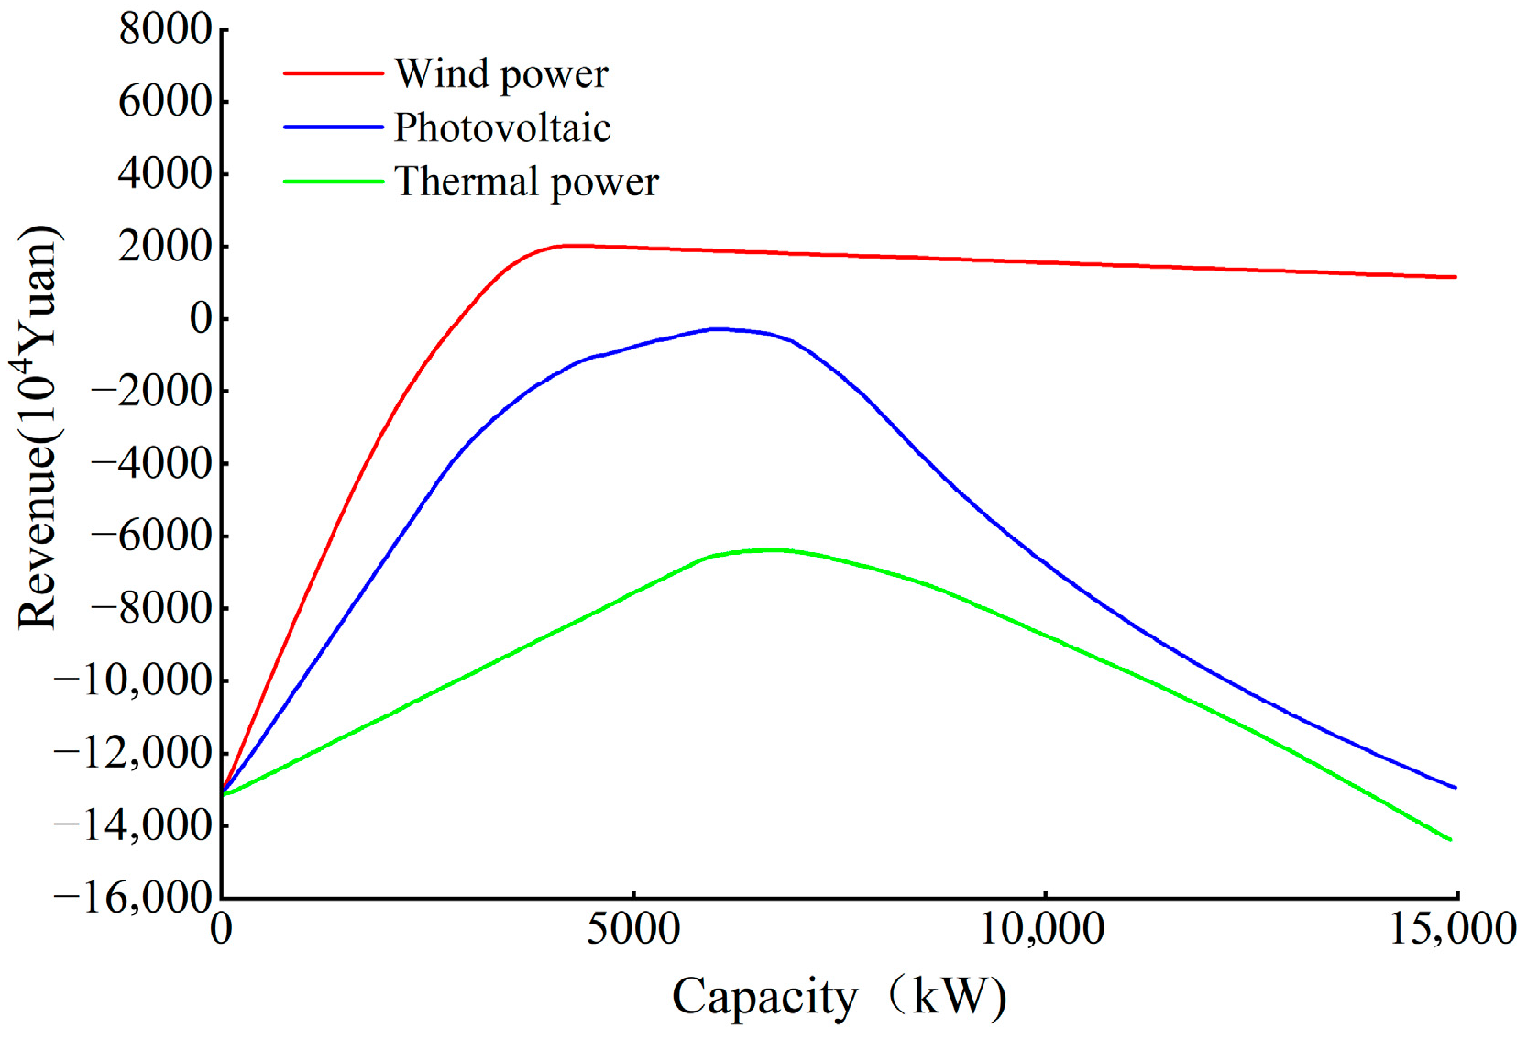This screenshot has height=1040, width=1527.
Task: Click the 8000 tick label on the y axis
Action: tap(165, 29)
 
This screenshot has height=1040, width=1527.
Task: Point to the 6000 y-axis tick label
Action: tap(165, 101)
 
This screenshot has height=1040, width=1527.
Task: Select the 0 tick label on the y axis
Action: tap(201, 318)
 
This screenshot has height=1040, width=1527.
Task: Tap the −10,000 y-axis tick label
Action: tap(133, 680)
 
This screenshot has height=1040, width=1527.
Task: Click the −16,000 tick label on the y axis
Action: tap(133, 897)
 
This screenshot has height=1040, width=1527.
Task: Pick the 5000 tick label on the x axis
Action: tap(633, 929)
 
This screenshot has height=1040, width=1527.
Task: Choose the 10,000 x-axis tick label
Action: tap(1043, 929)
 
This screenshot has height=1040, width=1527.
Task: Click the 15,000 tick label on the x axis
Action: tap(1453, 929)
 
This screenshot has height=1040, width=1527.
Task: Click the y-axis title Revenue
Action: tap(38, 426)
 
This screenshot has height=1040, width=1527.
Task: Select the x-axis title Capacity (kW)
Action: tap(839, 997)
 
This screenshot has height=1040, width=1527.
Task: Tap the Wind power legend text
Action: tap(501, 74)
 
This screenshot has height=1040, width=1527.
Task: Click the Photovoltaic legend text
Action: tap(502, 127)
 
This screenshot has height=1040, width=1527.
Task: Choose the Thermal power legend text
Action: tap(526, 182)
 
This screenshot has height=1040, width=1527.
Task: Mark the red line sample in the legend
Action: tap(333, 73)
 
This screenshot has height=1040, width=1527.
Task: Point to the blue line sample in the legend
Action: tap(333, 127)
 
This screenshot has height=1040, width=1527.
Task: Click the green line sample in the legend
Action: tap(333, 182)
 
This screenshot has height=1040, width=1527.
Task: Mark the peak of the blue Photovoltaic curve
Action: tap(717, 328)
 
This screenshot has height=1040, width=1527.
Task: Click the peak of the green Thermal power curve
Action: tap(774, 550)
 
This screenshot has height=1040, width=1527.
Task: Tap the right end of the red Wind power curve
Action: tap(1456, 277)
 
